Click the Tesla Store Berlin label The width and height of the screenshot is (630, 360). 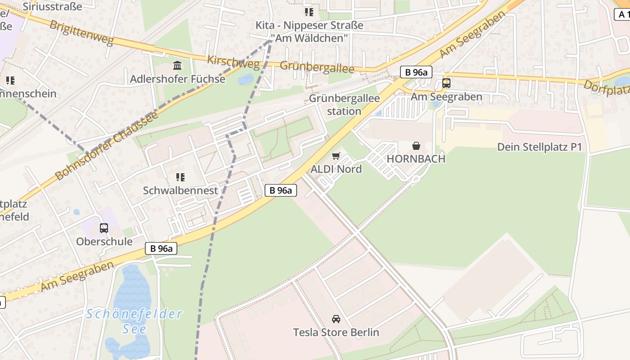336,333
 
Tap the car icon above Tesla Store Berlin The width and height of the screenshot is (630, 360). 336,319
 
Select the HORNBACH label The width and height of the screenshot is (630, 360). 416,159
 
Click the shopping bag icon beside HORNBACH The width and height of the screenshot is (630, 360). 416,146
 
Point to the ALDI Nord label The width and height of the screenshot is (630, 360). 336,169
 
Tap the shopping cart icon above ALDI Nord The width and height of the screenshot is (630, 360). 336,156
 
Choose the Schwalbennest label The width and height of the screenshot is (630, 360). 180,190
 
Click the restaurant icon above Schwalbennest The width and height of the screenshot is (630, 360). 180,177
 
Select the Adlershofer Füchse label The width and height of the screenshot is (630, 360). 177,79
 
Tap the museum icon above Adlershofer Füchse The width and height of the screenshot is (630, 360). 177,66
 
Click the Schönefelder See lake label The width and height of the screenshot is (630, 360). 134,321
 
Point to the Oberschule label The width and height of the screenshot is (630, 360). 104,242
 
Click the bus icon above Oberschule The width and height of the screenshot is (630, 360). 104,228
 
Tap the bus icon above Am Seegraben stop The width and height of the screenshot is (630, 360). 446,83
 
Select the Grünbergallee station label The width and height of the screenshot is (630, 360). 344,104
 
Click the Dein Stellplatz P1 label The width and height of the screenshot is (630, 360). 540,147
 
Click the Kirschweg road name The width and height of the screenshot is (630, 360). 233,63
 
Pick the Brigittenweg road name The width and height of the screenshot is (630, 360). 81,32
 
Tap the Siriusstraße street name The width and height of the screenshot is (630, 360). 52,6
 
